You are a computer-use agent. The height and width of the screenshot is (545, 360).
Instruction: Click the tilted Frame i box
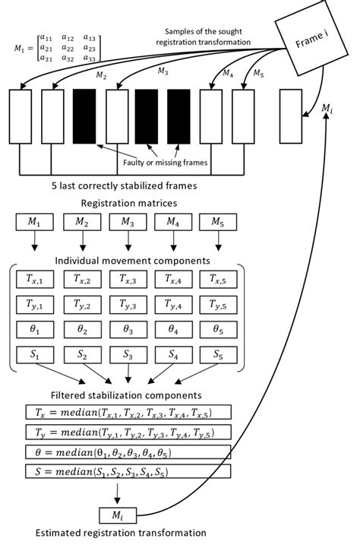[311, 38]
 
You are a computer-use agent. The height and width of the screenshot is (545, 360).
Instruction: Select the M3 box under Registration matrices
[128, 222]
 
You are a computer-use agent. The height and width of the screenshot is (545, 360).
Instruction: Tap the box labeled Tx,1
[35, 280]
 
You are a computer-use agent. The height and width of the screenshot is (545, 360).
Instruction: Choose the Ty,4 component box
[173, 305]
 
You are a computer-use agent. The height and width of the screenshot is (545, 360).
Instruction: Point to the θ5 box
[218, 329]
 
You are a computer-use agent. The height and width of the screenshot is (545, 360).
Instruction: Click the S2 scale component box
[83, 355]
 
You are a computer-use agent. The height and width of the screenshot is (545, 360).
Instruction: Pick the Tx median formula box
[128, 412]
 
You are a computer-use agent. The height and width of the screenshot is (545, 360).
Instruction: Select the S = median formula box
[128, 471]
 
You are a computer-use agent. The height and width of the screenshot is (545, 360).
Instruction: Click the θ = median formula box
[128, 452]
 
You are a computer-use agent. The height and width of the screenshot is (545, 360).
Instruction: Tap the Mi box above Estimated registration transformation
[118, 515]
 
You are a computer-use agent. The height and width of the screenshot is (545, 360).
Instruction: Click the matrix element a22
[68, 48]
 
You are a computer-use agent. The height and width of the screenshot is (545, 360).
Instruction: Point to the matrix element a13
[89, 37]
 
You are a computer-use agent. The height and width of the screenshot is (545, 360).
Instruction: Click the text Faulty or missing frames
[166, 163]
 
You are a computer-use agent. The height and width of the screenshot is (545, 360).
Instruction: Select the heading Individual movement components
[133, 261]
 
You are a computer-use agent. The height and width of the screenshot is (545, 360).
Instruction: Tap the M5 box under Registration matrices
[218, 222]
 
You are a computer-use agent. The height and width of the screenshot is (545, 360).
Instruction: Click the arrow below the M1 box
[34, 240]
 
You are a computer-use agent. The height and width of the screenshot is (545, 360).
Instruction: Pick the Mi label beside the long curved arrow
[327, 108]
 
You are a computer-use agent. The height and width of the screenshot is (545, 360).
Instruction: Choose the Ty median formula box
[128, 433]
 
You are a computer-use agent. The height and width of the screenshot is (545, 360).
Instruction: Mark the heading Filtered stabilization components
[126, 395]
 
